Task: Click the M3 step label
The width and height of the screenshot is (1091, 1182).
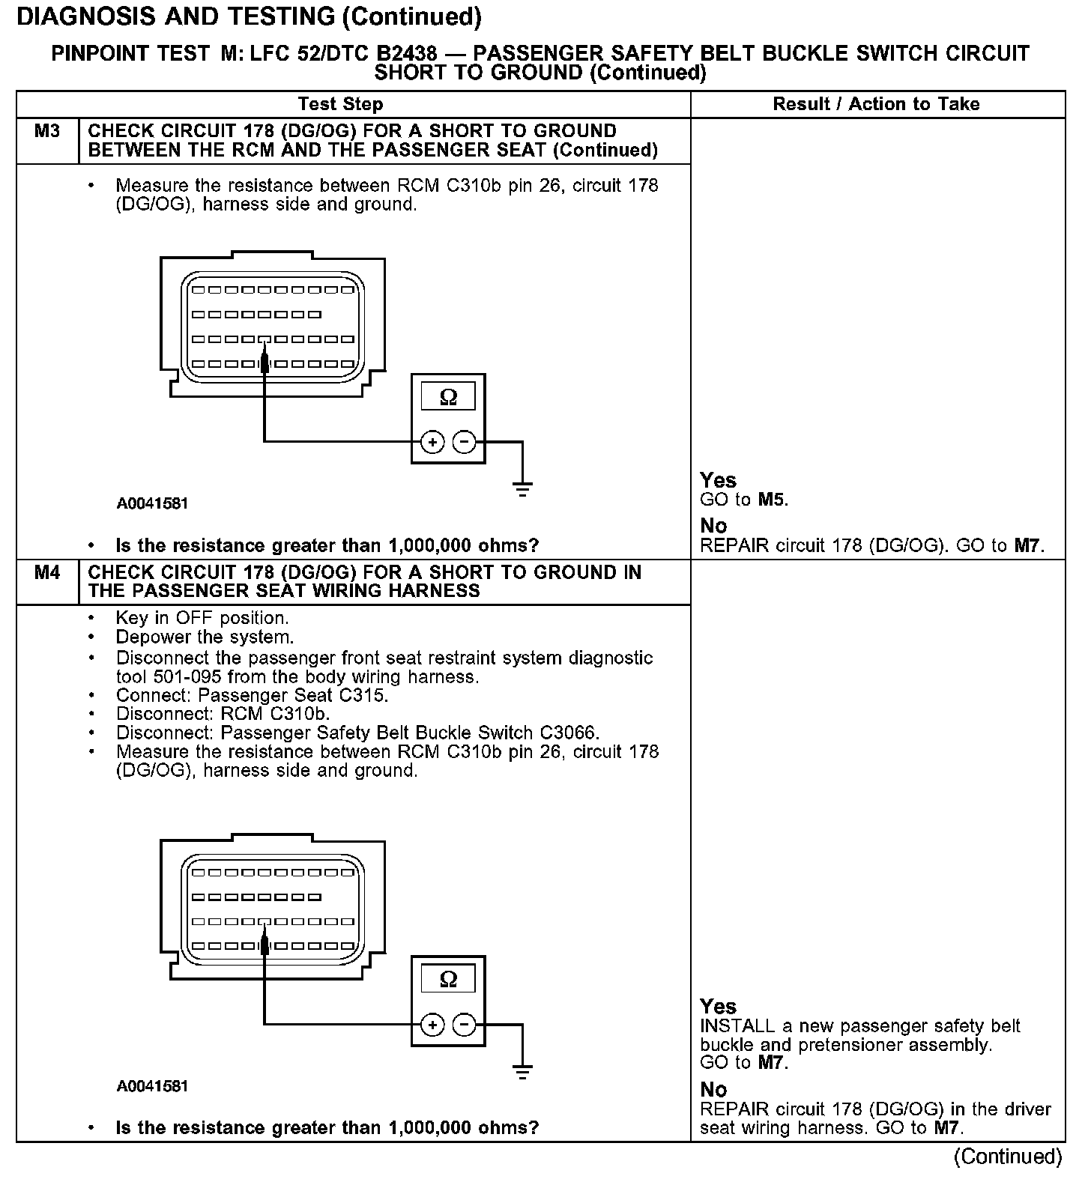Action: (x=46, y=131)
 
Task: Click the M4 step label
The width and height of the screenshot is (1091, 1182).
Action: (x=46, y=573)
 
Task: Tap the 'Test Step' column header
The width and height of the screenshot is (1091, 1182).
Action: (x=340, y=104)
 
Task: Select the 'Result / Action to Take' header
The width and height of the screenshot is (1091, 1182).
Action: (x=876, y=104)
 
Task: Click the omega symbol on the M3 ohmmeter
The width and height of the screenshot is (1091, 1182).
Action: (x=448, y=397)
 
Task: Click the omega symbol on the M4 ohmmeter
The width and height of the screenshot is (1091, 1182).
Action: (x=448, y=979)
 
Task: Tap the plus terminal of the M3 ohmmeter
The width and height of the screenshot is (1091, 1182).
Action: (x=432, y=443)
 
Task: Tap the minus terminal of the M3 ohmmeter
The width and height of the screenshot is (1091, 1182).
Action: (x=465, y=443)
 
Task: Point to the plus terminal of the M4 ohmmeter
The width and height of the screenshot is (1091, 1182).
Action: (x=432, y=1025)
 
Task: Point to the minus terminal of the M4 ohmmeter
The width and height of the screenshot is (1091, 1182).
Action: (x=465, y=1025)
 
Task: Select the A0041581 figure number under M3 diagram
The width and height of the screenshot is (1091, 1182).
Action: (x=152, y=503)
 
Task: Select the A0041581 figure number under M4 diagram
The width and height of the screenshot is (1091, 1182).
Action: (x=152, y=1086)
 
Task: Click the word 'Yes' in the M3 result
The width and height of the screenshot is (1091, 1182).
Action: (x=718, y=480)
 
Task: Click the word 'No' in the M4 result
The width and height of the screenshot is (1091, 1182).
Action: (x=713, y=1089)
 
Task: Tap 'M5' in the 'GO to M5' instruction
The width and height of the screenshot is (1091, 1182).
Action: (x=772, y=500)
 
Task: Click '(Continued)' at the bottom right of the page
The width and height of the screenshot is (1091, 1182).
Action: (x=1008, y=1157)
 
